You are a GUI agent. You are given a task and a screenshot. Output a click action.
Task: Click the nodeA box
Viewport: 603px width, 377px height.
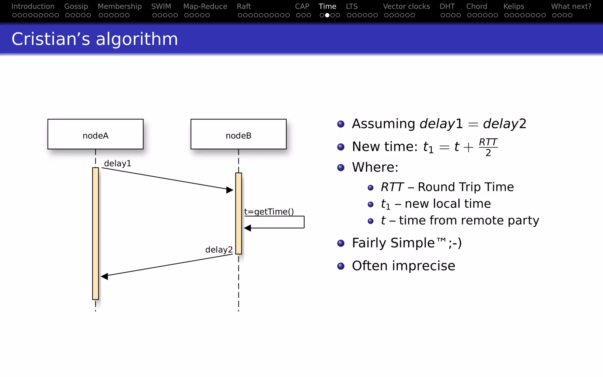pos(95,134)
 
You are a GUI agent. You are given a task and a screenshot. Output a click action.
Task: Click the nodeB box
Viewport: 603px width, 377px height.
pos(238,134)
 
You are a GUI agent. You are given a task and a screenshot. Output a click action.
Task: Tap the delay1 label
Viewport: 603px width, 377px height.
pos(117,163)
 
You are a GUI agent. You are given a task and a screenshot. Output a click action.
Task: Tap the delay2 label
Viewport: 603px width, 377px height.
pos(219,250)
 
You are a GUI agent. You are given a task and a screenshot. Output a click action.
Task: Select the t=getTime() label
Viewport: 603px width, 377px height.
pos(269,212)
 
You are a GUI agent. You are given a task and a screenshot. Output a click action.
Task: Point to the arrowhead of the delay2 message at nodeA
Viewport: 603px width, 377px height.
pos(105,276)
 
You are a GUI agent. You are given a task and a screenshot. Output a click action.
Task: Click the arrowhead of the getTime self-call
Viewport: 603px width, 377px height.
pos(247,228)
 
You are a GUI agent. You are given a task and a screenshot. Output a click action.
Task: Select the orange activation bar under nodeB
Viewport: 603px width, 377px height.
pos(238,213)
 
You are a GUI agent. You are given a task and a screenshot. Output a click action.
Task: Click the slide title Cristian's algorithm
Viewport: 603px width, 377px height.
pos(95,39)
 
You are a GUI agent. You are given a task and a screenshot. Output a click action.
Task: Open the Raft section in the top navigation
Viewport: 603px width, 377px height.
pos(244,6)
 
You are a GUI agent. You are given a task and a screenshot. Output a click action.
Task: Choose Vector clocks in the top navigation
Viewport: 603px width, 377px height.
pos(406,6)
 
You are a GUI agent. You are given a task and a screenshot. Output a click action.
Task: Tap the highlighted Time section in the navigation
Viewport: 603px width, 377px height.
pos(327,6)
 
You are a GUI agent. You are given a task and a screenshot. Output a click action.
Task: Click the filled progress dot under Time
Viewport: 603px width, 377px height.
pos(327,15)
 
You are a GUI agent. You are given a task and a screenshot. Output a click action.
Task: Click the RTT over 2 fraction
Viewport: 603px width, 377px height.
pos(488,147)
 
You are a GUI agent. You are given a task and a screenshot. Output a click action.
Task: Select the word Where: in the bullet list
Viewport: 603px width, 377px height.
pos(375,167)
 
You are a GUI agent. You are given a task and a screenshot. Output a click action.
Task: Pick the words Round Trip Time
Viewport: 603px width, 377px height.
pos(466,187)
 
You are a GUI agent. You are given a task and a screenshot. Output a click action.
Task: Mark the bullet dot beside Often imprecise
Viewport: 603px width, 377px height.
pos(341,266)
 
